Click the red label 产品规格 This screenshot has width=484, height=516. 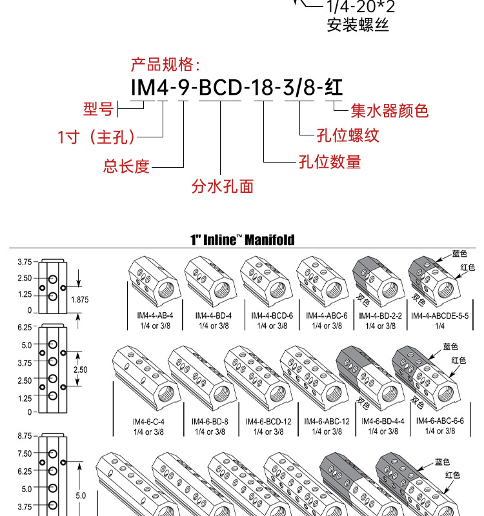coord(165,65)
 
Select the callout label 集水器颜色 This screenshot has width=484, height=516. coord(389,111)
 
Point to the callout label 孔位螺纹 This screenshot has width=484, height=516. coord(347,135)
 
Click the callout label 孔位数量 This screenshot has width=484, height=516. coord(329,161)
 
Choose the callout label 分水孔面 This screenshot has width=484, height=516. coord(222,186)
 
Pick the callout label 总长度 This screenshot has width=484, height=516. coord(126,166)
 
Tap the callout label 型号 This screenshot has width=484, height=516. coord(98,109)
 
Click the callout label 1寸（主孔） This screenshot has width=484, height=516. coord(97,137)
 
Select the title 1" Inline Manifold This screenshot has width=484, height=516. coord(242,240)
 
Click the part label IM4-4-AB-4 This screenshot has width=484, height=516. coord(156,316)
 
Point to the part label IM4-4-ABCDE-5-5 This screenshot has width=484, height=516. coord(439,316)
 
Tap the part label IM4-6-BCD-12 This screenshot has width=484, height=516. coord(268,421)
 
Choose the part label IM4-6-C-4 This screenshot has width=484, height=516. coord(148,421)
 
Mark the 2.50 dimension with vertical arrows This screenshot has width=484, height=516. coord(81,370)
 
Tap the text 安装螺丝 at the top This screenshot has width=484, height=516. coord(358,25)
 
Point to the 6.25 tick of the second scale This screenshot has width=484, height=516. coord(25,328)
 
